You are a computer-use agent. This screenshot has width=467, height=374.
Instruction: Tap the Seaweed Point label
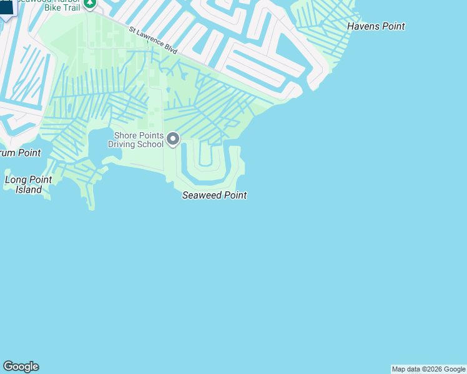214,195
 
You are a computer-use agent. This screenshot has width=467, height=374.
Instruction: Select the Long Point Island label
29,185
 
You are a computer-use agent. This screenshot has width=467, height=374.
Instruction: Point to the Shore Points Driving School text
138,140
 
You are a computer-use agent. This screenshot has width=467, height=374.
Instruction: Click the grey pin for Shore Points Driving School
173,139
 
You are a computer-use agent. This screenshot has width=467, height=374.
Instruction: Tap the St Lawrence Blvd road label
154,39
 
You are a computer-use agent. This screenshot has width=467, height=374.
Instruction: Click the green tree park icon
90,3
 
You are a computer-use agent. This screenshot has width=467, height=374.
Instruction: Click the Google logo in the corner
21,367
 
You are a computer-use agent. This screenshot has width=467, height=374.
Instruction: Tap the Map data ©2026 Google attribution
428,369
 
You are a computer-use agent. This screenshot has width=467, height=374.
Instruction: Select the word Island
29,189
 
